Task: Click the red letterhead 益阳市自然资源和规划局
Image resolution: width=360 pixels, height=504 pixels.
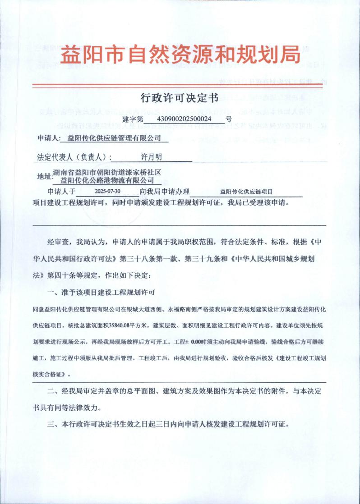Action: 180,55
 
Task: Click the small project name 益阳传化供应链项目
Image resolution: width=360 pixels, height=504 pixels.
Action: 246,192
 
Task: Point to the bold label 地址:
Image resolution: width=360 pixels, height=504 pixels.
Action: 44,177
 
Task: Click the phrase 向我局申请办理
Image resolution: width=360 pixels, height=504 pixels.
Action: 165,192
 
